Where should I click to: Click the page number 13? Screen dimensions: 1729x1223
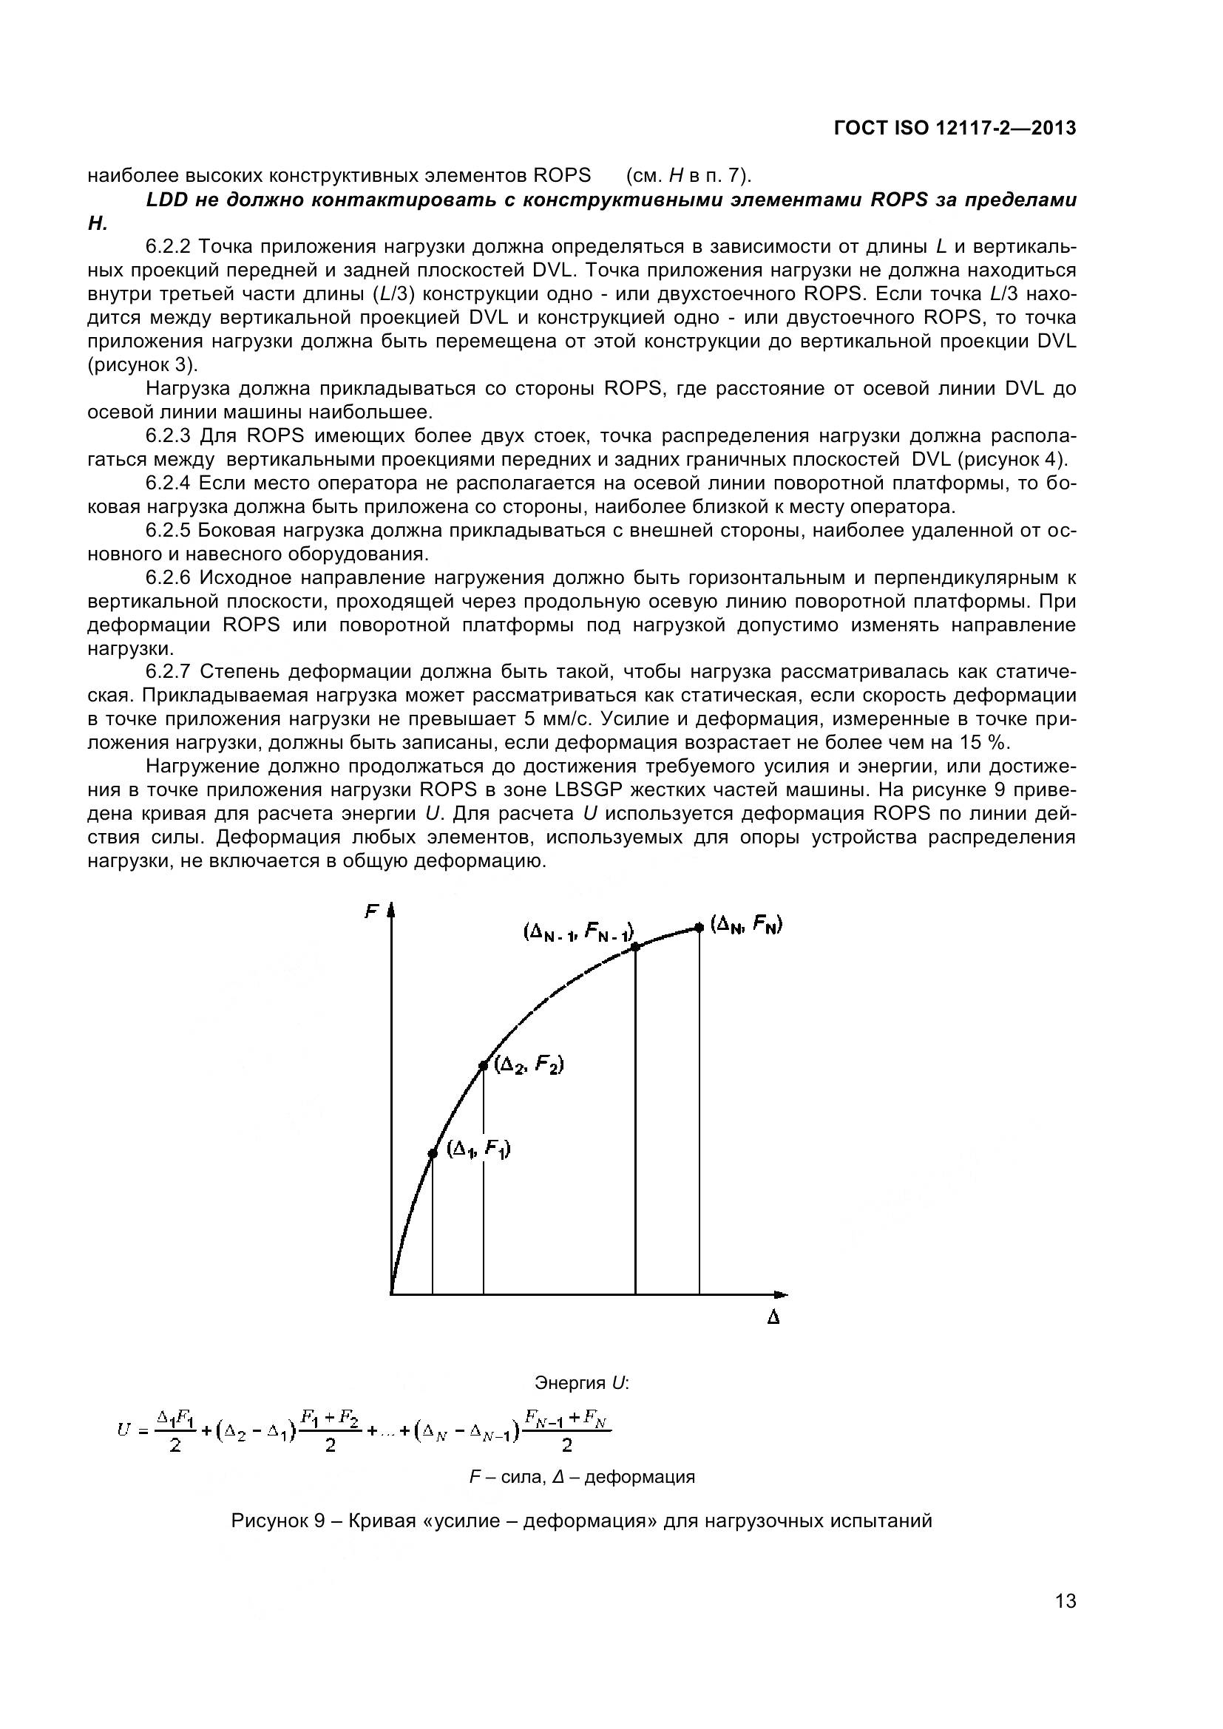pyautogui.click(x=1065, y=1621)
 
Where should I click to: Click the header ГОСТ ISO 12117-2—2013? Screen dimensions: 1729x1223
pyautogui.click(x=955, y=129)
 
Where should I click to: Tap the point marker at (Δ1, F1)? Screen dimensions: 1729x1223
pyautogui.click(x=433, y=1153)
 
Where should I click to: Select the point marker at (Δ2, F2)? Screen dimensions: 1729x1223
pyautogui.click(x=484, y=1066)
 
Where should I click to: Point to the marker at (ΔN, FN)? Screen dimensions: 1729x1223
pyautogui.click(x=699, y=927)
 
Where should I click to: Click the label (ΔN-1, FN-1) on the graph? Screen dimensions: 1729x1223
pyautogui.click(x=578, y=932)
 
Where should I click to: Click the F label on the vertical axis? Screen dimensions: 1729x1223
pyautogui.click(x=370, y=912)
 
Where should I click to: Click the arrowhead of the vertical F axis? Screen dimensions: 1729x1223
pyautogui.click(x=391, y=911)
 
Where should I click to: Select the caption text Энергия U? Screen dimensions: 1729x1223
pyautogui.click(x=581, y=1382)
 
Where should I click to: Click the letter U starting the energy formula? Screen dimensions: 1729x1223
pyautogui.click(x=123, y=1429)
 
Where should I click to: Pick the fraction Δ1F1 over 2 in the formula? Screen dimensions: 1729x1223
pyautogui.click(x=175, y=1430)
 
